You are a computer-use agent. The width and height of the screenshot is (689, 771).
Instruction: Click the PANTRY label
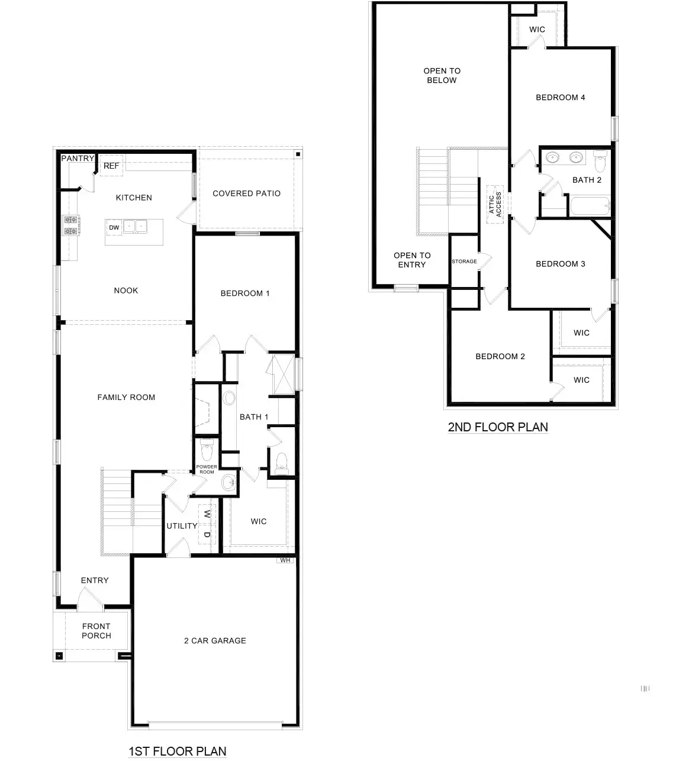[78, 159]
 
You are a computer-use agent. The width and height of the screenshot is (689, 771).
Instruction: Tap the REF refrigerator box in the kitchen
[111, 166]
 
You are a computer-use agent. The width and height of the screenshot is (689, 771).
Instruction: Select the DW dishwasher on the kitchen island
[114, 227]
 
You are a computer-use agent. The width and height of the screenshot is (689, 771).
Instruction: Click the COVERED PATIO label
[246, 193]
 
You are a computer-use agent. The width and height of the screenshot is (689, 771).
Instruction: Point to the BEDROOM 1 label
[245, 293]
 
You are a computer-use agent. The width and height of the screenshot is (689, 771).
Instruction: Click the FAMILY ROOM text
[126, 398]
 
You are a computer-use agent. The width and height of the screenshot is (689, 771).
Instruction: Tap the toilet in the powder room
[207, 451]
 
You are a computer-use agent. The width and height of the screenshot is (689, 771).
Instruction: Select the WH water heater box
[285, 560]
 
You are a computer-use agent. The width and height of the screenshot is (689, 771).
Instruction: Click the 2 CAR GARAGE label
[215, 641]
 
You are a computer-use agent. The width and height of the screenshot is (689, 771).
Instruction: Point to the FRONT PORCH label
[96, 631]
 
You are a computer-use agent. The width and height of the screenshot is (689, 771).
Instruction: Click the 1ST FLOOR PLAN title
[178, 751]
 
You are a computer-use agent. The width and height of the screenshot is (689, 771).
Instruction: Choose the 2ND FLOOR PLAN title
[498, 427]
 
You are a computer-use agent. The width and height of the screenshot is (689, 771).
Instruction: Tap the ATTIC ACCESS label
[495, 204]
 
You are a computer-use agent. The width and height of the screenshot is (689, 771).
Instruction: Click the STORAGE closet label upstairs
[464, 262]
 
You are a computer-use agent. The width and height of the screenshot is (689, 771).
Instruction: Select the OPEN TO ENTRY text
[412, 260]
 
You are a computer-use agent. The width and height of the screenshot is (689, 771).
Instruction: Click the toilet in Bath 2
[600, 158]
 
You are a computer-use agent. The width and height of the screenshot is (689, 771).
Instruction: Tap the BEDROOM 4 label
[560, 98]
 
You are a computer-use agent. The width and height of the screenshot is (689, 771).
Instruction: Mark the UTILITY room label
[182, 526]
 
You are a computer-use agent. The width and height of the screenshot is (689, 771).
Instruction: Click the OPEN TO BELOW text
[442, 76]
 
